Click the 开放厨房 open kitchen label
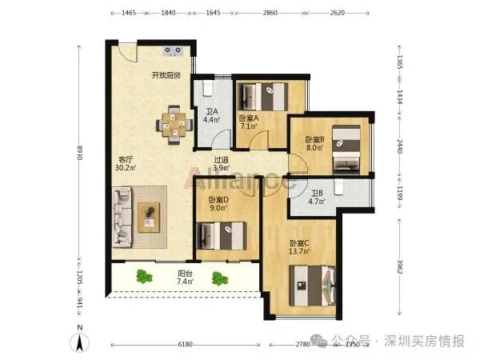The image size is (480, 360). [166, 75]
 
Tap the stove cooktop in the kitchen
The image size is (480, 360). [173, 51]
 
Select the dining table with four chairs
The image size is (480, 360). [174, 125]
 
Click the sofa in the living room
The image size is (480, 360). [122, 217]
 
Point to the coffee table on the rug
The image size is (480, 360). [149, 218]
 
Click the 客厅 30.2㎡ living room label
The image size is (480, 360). [126, 163]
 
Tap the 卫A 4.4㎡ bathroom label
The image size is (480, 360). [211, 115]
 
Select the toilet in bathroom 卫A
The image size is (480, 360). [208, 89]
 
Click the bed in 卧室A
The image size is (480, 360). [263, 97]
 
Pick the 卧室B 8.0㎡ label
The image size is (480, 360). [315, 143]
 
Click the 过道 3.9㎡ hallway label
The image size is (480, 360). [222, 164]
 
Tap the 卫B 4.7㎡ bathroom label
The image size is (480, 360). [317, 198]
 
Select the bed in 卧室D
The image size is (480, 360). [222, 236]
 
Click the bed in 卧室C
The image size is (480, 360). [313, 286]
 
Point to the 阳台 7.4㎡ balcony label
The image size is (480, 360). [186, 277]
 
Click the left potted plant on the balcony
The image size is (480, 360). [144, 277]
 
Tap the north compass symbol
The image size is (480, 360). [80, 340]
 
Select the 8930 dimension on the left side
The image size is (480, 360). [80, 153]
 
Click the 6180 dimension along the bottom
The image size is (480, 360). [186, 344]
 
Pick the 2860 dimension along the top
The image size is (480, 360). [270, 13]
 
